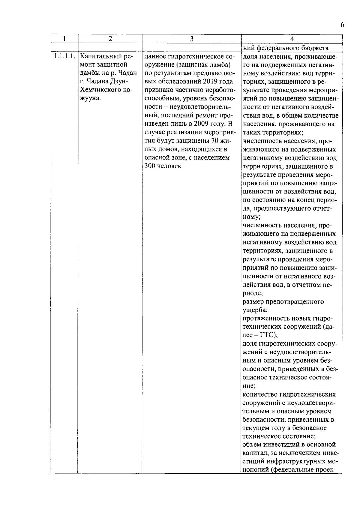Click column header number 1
(x=64, y=39)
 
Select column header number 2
(x=110, y=39)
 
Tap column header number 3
(x=192, y=39)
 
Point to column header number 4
(x=292, y=39)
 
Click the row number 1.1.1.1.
(x=64, y=56)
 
